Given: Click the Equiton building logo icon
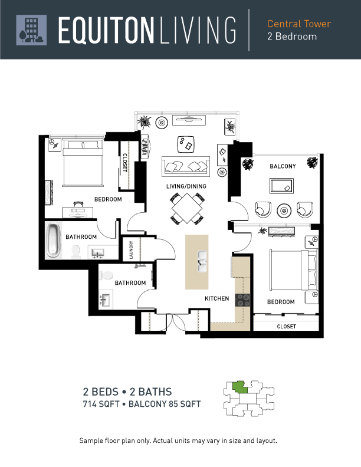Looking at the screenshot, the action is click(31, 30).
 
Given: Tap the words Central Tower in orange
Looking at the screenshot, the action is click(298, 24).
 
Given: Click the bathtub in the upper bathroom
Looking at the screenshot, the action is click(54, 241).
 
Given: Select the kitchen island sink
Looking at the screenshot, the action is click(202, 261).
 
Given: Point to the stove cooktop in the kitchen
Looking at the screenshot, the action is click(243, 300).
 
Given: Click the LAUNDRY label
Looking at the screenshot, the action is click(131, 249).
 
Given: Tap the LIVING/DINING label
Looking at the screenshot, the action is click(186, 186).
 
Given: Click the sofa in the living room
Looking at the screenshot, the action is click(186, 166).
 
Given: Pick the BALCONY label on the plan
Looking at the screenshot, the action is click(283, 166).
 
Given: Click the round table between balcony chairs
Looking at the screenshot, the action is click(284, 211).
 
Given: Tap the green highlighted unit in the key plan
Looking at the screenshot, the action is click(239, 387).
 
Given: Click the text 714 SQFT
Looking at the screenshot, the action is click(101, 404).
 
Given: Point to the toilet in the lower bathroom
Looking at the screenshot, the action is click(106, 275).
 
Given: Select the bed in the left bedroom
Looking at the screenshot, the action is click(83, 163).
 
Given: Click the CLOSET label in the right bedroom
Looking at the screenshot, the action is click(287, 327).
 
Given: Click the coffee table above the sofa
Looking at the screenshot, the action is click(186, 144).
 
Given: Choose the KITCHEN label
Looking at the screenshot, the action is click(217, 298).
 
